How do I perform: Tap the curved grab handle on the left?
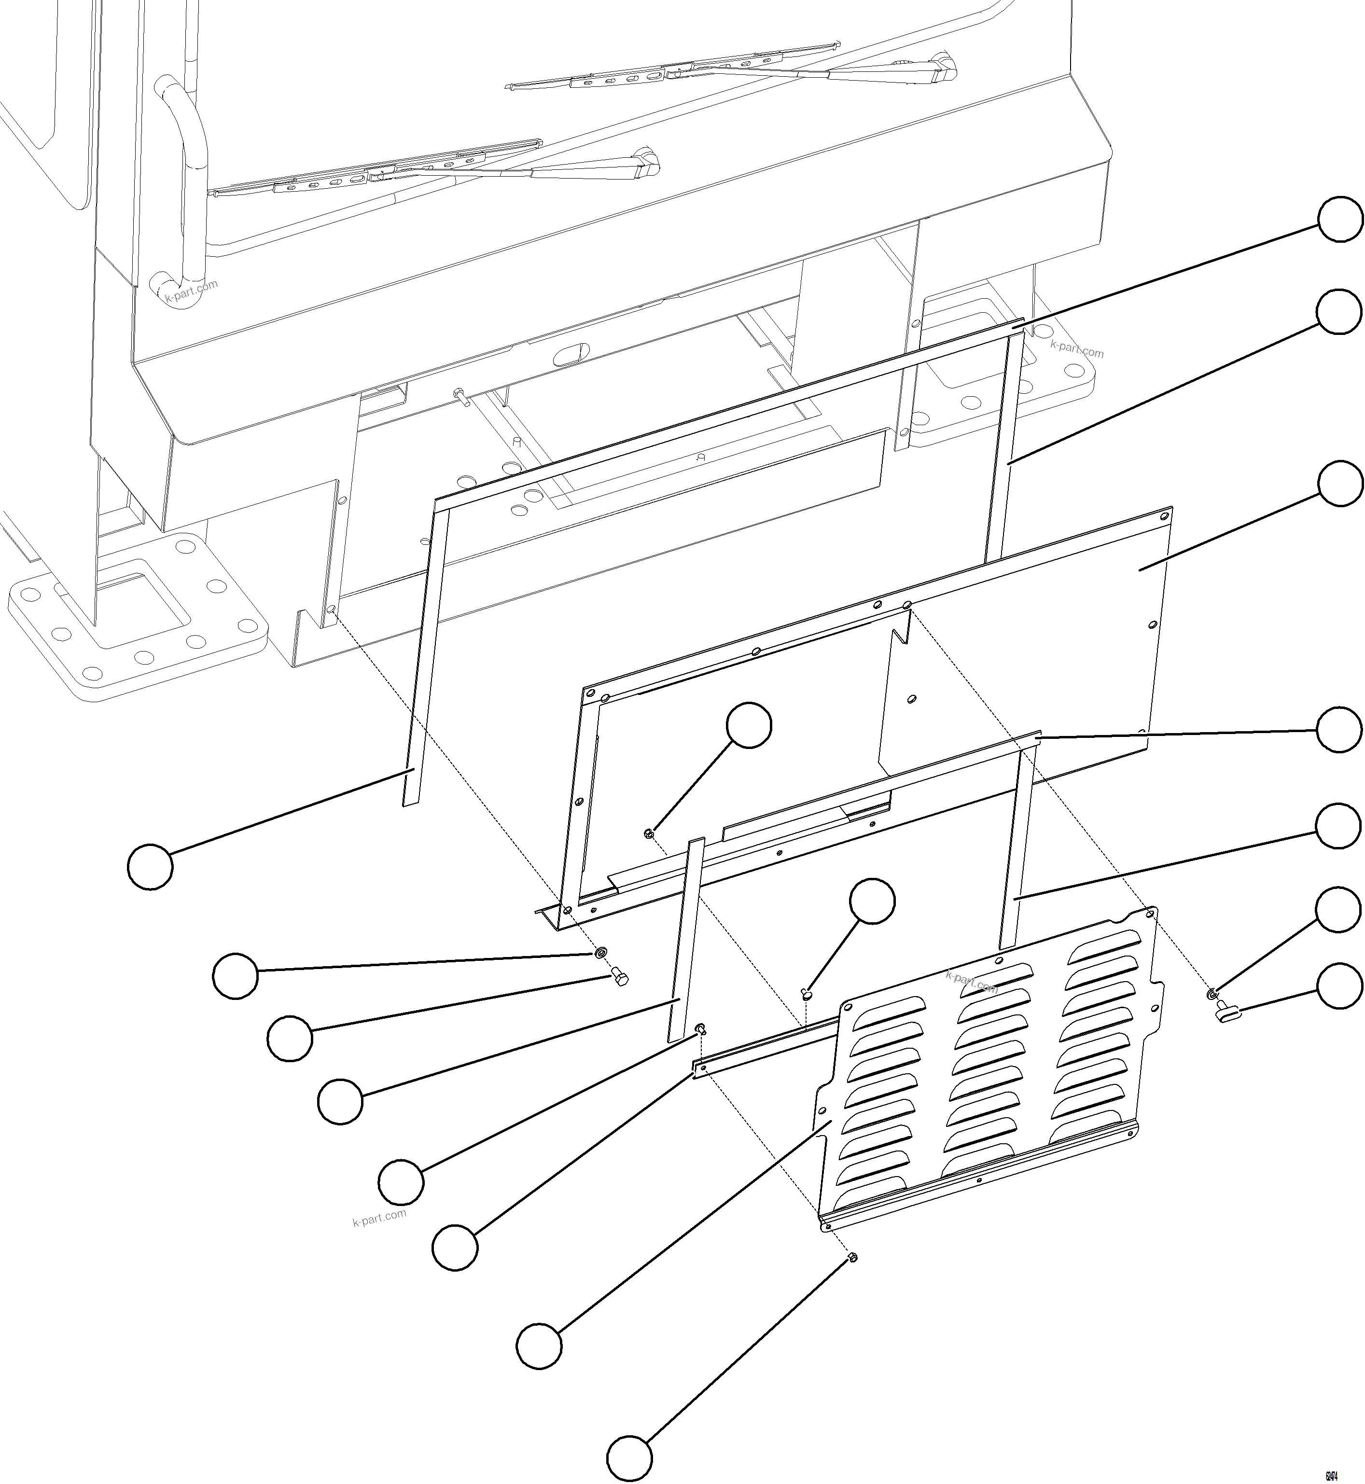coord(181,177)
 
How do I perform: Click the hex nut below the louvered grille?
coord(851,1257)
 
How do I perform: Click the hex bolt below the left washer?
coord(619,980)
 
